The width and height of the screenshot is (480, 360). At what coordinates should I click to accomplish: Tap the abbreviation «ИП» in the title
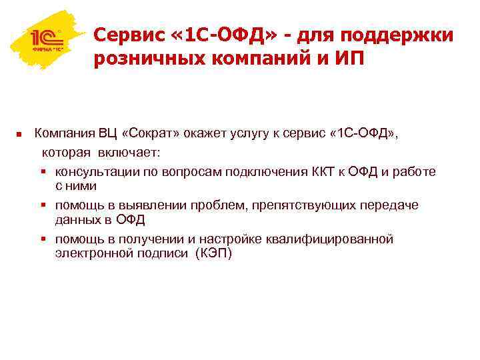[349, 59]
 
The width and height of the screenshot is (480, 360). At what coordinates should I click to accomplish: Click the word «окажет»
[201, 134]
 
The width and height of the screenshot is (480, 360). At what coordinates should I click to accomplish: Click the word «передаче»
[389, 205]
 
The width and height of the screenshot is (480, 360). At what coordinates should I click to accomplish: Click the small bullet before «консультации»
[45, 171]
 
